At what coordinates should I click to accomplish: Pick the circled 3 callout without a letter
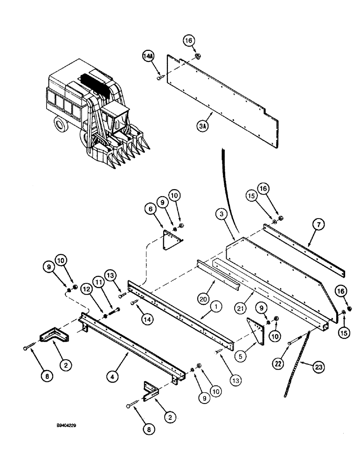click(x=222, y=214)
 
